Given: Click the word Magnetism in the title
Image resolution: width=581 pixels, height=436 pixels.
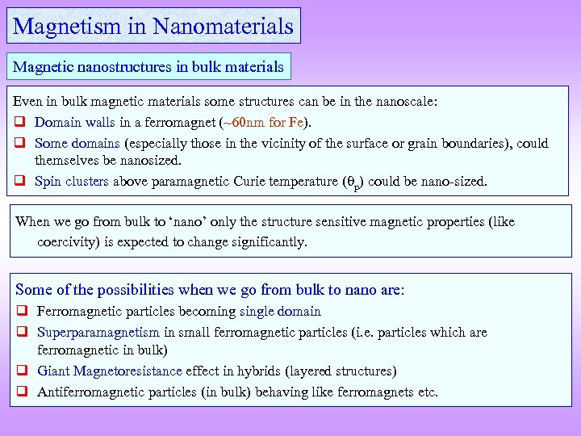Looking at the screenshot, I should coord(68,26).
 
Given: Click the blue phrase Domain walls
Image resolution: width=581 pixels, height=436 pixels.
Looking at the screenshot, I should coord(77,123).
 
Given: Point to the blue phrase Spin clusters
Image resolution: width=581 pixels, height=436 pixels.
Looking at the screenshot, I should coord(72,181).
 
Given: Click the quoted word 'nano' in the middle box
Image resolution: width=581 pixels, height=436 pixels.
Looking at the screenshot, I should coord(182,221).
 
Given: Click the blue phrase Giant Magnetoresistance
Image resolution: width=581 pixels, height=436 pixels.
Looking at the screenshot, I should coord(111,371).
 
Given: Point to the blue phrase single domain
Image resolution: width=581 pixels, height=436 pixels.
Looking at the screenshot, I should coord(280,312).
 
